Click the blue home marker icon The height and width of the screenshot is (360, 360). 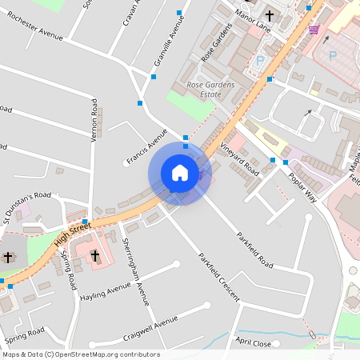pyautogui.click(x=180, y=173)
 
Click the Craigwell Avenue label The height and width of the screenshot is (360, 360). pyautogui.click(x=150, y=321)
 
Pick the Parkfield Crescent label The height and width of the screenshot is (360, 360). pyautogui.click(x=218, y=276)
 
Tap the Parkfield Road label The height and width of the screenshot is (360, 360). pyautogui.click(x=254, y=250)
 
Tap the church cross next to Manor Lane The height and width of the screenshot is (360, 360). pyautogui.click(x=270, y=15)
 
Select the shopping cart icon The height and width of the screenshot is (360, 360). pyautogui.click(x=314, y=30)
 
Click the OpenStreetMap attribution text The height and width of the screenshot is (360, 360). pyautogui.click(x=81, y=354)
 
